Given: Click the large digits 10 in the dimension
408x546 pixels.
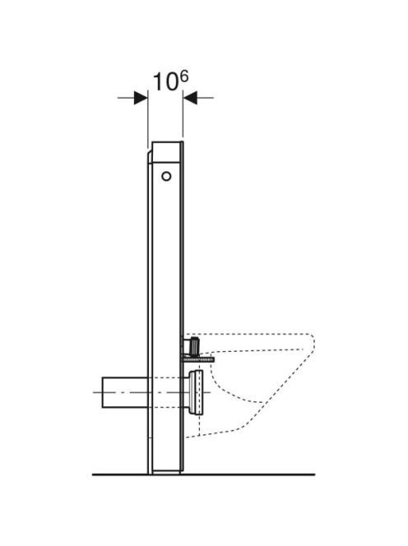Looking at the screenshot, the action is tap(165, 82).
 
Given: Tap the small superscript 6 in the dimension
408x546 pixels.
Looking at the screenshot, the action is tap(184, 76).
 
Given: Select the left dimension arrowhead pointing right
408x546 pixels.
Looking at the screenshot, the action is tap(141, 98).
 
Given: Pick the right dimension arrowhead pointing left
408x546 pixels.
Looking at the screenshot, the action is tap(190, 98).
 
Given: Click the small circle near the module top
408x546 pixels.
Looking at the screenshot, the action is tap(166, 177).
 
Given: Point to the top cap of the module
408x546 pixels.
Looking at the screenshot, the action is tap(167, 152).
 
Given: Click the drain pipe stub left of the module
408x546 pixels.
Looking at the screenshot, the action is tap(125, 392).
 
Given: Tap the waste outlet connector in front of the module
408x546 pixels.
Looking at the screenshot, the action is tap(197, 392).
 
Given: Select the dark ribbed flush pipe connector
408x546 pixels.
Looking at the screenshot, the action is tap(192, 345).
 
